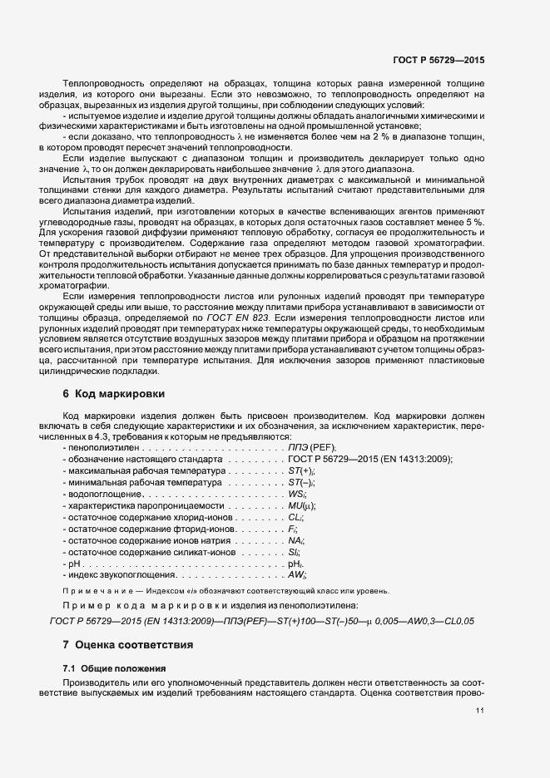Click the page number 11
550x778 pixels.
[x=480, y=711]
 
